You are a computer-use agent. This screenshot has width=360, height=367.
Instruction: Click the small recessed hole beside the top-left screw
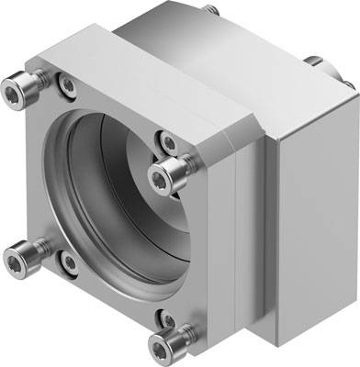coord(66,87)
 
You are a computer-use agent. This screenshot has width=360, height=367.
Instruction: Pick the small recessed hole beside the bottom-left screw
coord(69,263)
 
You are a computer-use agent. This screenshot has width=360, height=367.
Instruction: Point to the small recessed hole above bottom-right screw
coord(166,318)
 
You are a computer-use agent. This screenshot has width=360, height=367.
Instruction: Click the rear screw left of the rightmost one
coord(313,62)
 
